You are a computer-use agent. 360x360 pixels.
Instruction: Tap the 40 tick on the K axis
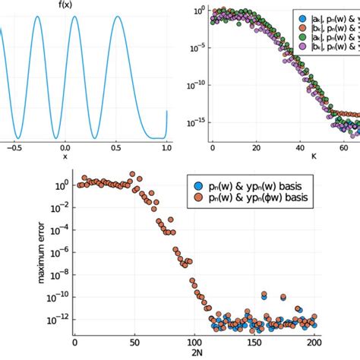coord(301,147)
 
